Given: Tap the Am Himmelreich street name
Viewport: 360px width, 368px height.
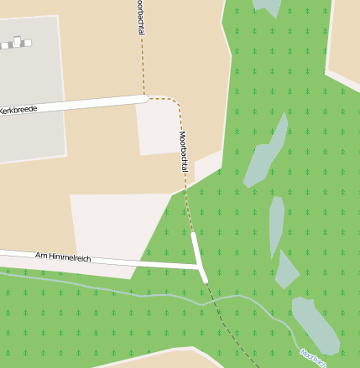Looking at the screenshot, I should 63,257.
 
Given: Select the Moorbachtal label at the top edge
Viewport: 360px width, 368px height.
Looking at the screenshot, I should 140,18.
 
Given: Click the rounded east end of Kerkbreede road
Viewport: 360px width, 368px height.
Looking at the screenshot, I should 143,99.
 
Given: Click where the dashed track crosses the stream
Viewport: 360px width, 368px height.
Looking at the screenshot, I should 220,299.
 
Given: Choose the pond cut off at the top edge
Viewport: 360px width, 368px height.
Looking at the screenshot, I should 268,7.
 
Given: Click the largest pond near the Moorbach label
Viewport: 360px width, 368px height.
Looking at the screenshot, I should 314,324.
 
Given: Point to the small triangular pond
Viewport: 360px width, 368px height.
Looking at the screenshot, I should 286,271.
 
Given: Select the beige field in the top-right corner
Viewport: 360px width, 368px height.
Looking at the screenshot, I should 343,38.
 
